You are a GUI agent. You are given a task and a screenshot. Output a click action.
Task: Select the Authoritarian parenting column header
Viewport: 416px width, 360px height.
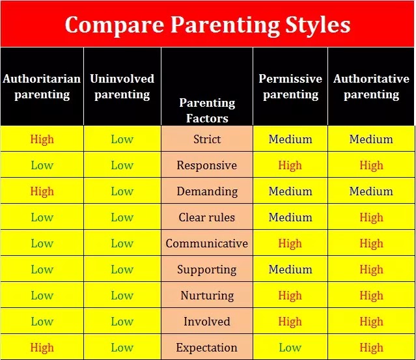tap(42, 87)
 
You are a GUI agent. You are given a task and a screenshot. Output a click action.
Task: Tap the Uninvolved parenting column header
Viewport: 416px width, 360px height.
tap(122, 87)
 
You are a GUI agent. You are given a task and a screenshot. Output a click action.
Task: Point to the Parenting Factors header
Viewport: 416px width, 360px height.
tap(207, 111)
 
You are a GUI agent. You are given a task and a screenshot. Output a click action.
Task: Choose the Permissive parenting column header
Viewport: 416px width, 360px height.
tap(290, 87)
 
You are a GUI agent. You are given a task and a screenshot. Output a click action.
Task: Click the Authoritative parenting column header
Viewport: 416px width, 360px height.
tap(372, 87)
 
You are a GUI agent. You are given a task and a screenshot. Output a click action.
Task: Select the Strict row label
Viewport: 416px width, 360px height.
tap(207, 139)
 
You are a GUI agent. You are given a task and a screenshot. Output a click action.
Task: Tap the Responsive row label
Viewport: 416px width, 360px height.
tap(207, 165)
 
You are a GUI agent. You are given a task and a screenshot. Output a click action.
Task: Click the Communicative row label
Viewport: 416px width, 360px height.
tap(207, 243)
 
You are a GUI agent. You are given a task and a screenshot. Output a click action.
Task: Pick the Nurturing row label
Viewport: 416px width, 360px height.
tap(207, 296)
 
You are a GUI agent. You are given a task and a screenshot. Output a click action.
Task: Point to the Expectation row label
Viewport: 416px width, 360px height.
tap(207, 348)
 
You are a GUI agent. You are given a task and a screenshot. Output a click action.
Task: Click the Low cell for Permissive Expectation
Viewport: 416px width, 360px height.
tap(290, 348)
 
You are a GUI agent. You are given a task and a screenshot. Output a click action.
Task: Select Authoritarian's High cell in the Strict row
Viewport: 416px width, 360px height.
tap(42, 139)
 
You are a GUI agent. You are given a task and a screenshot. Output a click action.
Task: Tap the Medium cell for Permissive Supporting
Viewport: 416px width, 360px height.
tap(290, 270)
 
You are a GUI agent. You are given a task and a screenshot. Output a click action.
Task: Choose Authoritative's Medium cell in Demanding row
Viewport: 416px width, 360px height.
tap(371, 191)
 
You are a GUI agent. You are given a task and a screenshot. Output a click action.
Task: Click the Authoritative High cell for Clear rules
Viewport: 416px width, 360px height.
tap(372, 217)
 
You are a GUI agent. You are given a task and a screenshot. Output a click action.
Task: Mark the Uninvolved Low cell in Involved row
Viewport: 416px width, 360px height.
tap(122, 322)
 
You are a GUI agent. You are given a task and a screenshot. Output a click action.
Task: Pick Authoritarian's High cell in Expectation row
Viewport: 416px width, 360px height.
tap(42, 348)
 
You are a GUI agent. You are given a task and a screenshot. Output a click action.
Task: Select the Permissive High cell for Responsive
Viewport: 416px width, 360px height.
tap(290, 165)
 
